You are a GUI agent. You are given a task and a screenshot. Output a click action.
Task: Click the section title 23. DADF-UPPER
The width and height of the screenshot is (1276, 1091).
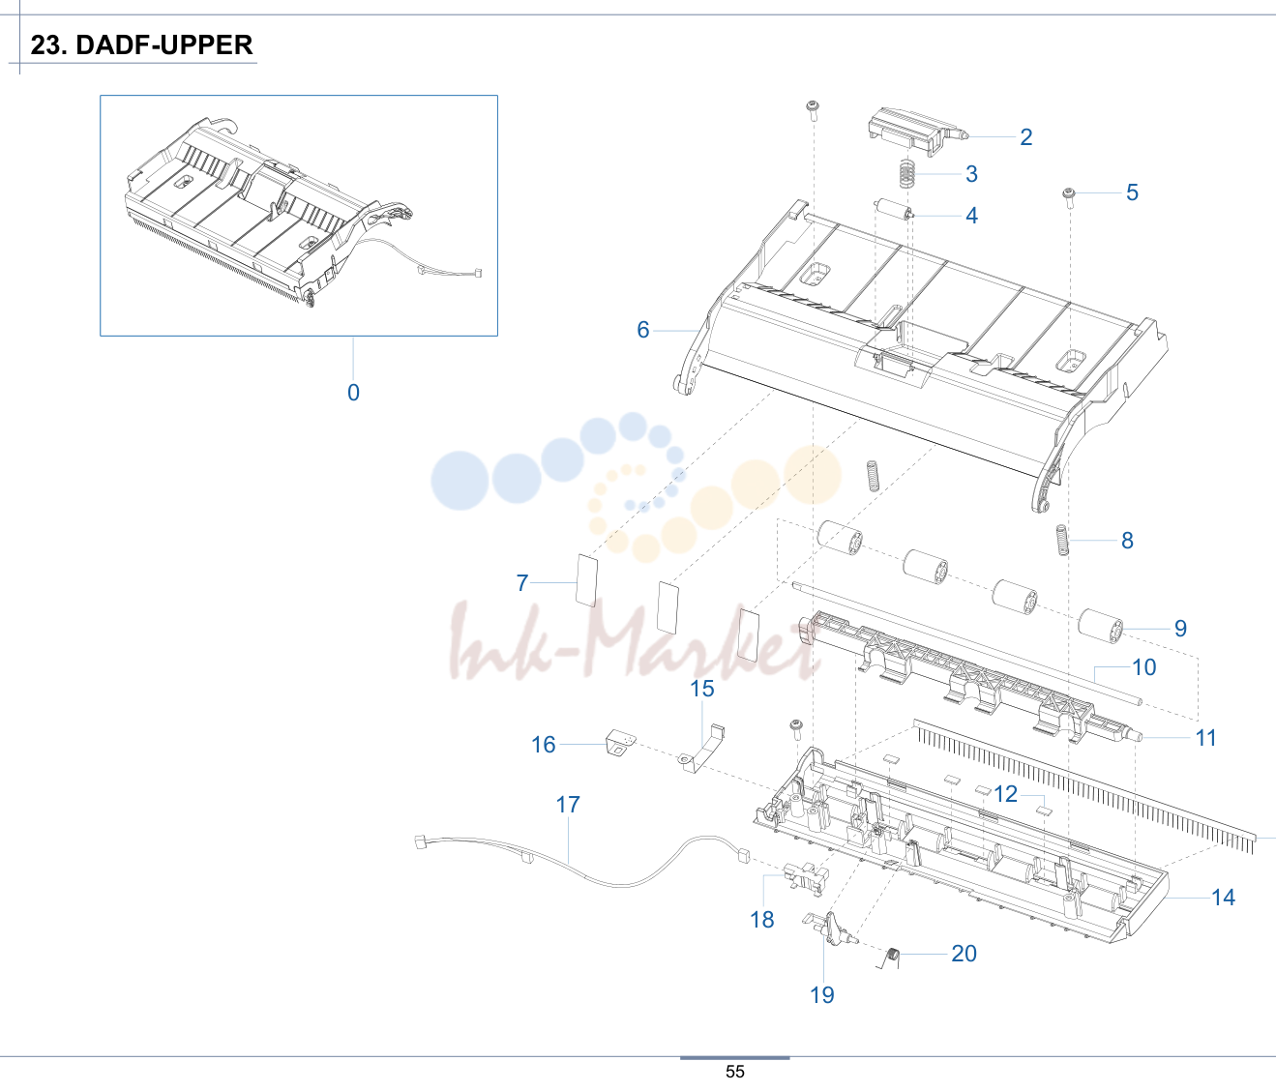click(x=141, y=45)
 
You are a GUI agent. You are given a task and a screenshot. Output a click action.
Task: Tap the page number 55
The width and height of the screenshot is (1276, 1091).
click(x=734, y=1072)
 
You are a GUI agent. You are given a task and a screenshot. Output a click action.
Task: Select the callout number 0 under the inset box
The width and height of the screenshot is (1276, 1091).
click(x=353, y=393)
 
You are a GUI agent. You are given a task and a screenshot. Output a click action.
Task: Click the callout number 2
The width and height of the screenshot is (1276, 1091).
click(x=1026, y=137)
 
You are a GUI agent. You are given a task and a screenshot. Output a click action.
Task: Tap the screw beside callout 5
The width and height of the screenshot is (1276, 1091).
click(x=1070, y=197)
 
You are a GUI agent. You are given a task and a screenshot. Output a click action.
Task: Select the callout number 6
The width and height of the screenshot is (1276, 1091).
click(x=643, y=330)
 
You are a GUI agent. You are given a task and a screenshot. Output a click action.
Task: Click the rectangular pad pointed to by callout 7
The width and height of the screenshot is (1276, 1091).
click(x=586, y=580)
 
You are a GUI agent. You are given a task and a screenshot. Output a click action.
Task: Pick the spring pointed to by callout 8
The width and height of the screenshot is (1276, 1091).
click(x=1062, y=540)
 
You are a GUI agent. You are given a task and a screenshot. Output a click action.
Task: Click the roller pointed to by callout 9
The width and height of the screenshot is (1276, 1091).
click(x=1101, y=626)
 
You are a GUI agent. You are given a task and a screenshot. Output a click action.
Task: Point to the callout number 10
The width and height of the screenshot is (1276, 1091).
click(x=1143, y=667)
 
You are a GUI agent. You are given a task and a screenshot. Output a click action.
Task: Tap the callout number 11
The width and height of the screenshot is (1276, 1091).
click(x=1205, y=738)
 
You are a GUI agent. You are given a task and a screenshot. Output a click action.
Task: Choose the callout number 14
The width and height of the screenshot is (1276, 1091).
click(x=1223, y=898)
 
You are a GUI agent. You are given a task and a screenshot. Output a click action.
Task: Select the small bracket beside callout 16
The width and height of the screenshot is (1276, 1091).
click(x=620, y=744)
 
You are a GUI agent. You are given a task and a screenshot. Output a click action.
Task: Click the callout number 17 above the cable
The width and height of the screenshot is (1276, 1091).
click(x=568, y=805)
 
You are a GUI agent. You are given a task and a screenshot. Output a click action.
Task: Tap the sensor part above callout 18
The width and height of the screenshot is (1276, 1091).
click(x=806, y=877)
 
